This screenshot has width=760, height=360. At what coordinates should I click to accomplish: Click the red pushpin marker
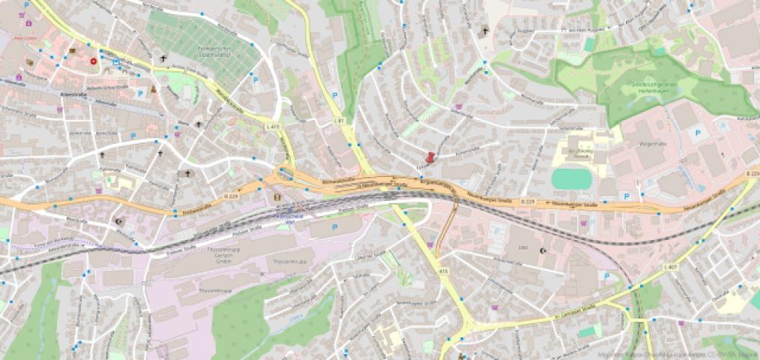(429, 158)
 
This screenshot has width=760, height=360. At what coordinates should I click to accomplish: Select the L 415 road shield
(273, 127)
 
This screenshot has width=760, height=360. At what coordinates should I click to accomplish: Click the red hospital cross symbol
(94, 61)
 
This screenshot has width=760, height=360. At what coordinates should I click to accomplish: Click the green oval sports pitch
(572, 179)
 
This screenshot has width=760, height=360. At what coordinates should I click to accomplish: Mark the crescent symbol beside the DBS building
(544, 250)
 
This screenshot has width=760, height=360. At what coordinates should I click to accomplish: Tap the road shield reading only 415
(443, 271)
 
